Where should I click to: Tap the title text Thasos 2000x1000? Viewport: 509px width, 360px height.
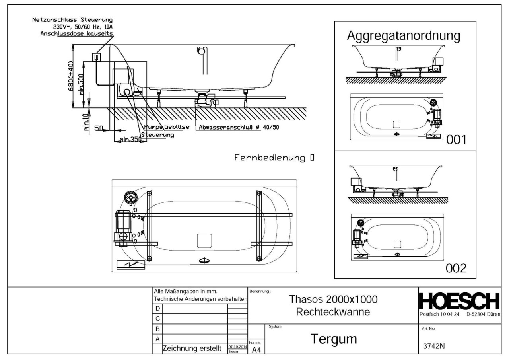coord(333,299)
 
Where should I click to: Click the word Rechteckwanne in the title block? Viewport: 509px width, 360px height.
coord(333,312)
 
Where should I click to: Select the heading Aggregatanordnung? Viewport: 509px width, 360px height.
coord(404,35)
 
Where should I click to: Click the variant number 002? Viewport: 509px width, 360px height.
coord(456,269)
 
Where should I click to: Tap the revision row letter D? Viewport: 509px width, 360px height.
coord(158,309)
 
